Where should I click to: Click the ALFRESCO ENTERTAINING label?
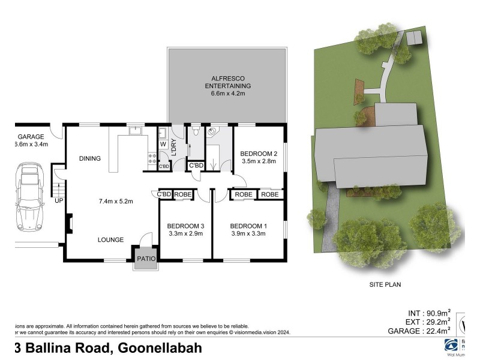click(227, 82)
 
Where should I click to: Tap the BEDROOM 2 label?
click(258, 153)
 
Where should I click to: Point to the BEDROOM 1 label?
click(249, 226)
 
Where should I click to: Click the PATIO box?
click(146, 259)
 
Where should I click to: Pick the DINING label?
click(89, 158)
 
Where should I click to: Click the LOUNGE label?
click(111, 239)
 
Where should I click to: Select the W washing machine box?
click(163, 144)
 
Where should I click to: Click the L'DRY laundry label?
click(174, 146)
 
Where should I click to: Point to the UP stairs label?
click(59, 200)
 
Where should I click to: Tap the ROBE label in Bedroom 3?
click(182, 194)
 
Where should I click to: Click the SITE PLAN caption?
click(385, 284)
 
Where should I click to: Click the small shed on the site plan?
click(413, 38)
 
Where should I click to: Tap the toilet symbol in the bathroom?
click(195, 131)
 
